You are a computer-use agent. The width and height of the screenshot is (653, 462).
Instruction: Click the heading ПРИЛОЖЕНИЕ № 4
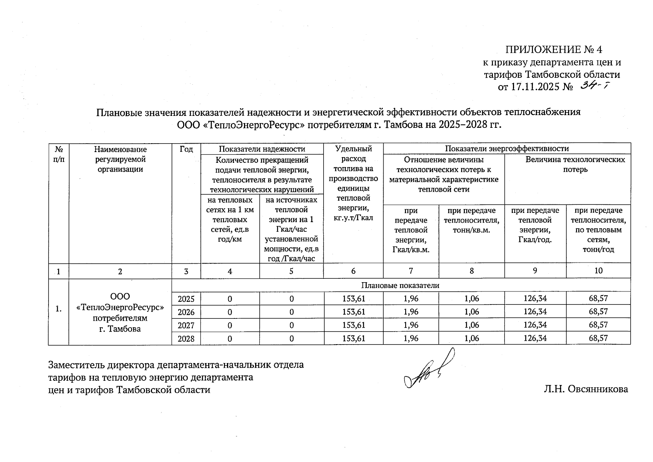[x=553, y=50]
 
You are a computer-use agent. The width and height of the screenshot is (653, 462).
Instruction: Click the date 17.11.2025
[x=534, y=87]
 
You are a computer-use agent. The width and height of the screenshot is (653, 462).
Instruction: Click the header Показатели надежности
[x=262, y=149]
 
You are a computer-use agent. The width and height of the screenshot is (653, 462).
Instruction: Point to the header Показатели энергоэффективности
[x=506, y=149]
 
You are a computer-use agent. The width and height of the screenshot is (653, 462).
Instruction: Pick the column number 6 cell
[x=353, y=271]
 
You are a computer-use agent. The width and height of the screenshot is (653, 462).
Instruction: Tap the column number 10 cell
[x=598, y=271]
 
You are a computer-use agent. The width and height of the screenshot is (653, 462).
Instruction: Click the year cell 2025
[x=186, y=299]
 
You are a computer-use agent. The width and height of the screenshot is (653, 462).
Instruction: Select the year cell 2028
[x=186, y=339]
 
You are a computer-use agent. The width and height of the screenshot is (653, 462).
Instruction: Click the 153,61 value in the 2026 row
[x=353, y=311]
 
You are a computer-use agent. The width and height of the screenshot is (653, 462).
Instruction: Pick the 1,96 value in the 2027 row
[x=411, y=325]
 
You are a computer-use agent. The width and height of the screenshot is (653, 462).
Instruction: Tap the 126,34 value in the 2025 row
[x=535, y=298]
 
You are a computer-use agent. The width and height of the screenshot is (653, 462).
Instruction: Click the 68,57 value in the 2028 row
[x=598, y=338]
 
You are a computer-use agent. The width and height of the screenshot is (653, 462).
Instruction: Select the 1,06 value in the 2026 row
[x=471, y=311]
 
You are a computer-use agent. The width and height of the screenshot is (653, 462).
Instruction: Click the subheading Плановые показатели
[x=400, y=285]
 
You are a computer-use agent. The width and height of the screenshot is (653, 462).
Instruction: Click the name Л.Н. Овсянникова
[x=586, y=389]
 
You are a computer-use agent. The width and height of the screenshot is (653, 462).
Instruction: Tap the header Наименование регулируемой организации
[x=120, y=159]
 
